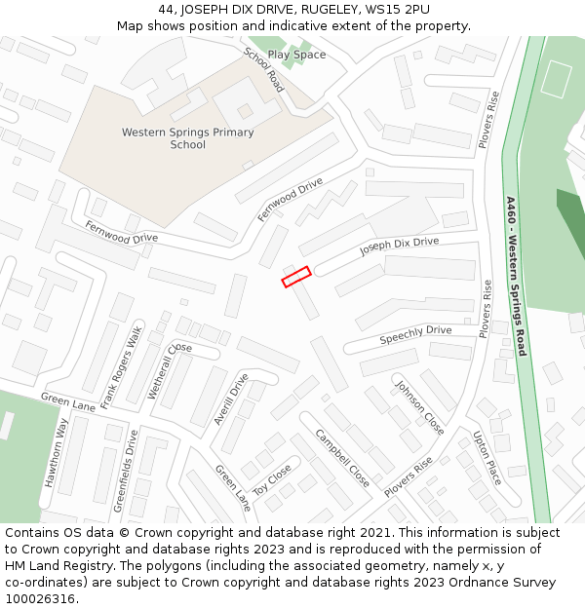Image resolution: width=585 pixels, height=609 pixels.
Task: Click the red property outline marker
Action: point(296,277)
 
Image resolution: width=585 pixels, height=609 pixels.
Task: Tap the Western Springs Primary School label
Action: point(187,138)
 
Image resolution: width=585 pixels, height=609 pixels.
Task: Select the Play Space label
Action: point(296,55)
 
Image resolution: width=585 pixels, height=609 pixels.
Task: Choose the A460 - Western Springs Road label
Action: point(516,276)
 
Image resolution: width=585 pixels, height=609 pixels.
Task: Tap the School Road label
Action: point(263,69)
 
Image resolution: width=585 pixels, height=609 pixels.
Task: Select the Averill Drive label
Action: point(232,399)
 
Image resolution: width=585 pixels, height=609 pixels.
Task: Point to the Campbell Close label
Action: point(341,458)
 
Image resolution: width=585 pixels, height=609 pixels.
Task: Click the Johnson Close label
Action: point(420,407)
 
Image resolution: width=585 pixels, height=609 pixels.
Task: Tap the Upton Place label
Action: point(487,458)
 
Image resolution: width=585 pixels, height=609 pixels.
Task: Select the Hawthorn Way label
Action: point(56,452)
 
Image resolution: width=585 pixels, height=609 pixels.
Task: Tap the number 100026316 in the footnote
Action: point(41,598)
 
